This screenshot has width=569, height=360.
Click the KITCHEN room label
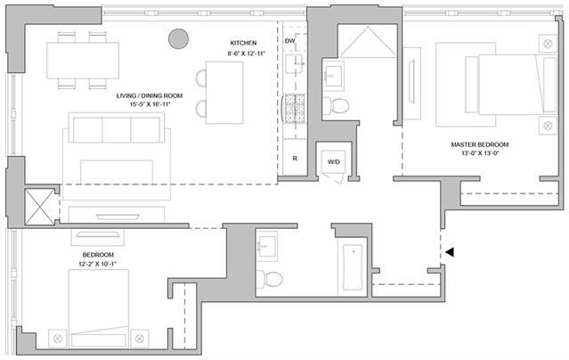[x=243, y=43]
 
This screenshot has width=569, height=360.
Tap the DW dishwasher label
[x=290, y=41]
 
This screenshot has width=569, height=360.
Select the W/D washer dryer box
[x=334, y=161]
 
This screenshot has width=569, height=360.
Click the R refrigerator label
[x=295, y=159]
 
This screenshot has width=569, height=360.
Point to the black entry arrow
[x=450, y=252]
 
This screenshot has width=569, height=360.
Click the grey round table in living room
[x=179, y=38]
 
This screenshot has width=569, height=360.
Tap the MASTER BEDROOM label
[x=480, y=144]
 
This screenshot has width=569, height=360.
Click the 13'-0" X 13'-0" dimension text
[x=480, y=153]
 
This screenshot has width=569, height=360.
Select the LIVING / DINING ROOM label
[x=150, y=96]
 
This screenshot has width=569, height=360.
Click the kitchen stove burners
[x=295, y=108]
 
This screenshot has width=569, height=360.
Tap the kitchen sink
[x=294, y=64]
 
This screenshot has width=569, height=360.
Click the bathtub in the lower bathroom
[x=353, y=267]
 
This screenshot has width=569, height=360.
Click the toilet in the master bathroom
[x=336, y=105]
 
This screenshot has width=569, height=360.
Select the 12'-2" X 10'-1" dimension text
[x=97, y=264]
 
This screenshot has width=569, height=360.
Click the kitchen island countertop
[x=224, y=93]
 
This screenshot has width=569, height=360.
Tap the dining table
[x=83, y=61]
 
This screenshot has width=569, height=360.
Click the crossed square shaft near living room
[x=39, y=207]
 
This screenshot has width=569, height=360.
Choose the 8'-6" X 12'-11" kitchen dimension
[x=247, y=53]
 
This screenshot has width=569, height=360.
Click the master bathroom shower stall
[x=368, y=41]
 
